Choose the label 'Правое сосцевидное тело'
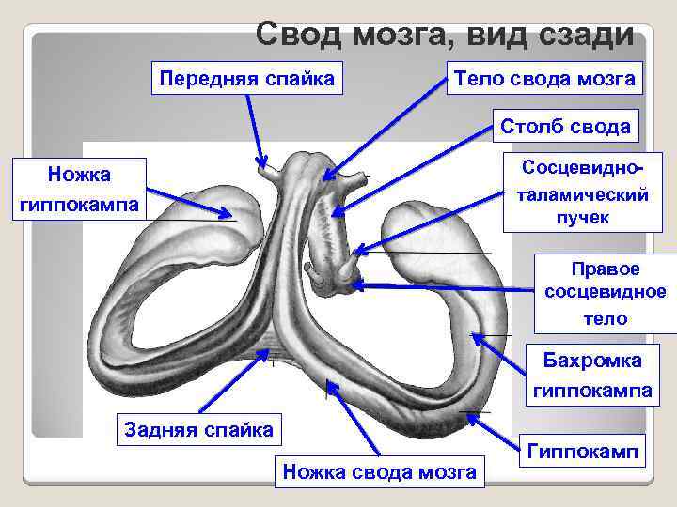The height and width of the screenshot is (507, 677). tap(605, 293)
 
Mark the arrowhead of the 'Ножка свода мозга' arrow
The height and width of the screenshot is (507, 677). tap(326, 379)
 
